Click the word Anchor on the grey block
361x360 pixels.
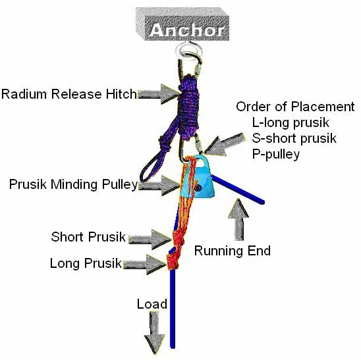(x=186, y=30)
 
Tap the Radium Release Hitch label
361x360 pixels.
(x=68, y=94)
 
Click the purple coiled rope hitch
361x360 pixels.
(x=188, y=99)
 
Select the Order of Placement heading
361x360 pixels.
(x=294, y=107)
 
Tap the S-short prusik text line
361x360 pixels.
(x=294, y=138)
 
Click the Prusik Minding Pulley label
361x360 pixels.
(x=72, y=184)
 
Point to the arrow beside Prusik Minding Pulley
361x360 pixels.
(x=158, y=185)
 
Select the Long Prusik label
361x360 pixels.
(x=86, y=264)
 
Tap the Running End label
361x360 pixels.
(x=232, y=250)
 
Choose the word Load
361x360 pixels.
(x=152, y=304)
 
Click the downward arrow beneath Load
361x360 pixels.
(x=155, y=332)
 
